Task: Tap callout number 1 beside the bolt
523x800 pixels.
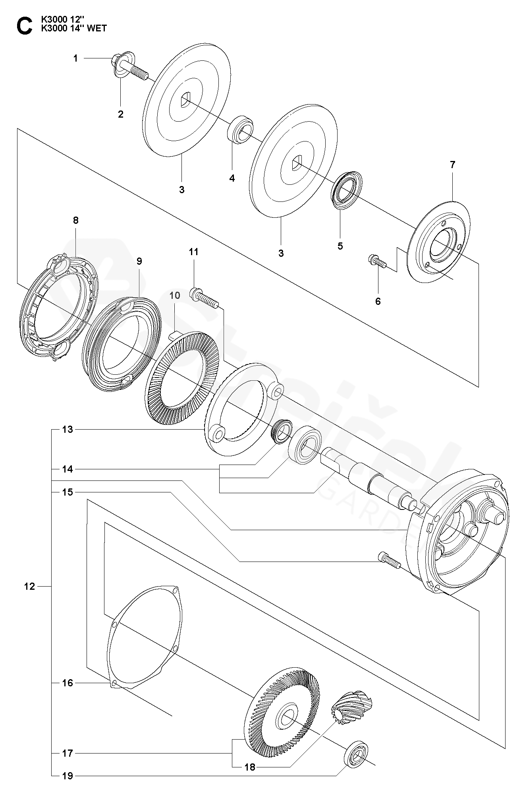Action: (x=75, y=58)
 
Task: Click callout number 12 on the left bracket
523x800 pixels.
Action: (x=29, y=586)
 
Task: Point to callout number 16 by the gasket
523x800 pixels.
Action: (x=68, y=683)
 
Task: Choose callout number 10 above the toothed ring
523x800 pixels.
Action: (x=175, y=295)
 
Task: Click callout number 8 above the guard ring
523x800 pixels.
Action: (x=76, y=220)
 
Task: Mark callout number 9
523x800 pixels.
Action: (x=139, y=261)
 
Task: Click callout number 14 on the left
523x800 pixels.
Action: (x=68, y=469)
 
